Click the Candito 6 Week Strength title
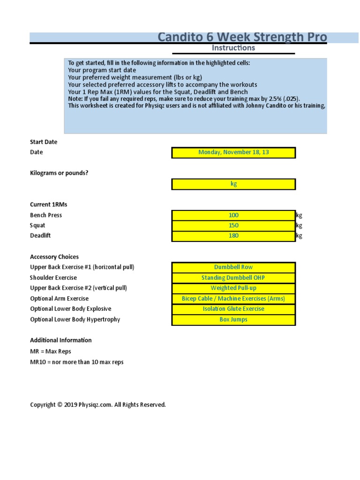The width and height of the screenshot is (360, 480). (x=242, y=37)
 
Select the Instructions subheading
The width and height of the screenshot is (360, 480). (x=233, y=48)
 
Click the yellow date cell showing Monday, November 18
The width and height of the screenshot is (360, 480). (x=233, y=152)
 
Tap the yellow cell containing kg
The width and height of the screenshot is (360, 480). (x=233, y=184)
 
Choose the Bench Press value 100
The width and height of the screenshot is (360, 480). (x=233, y=215)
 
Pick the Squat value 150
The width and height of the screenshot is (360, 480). (x=233, y=225)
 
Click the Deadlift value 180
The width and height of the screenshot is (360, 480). (x=233, y=236)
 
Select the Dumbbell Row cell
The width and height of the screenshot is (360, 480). (x=233, y=267)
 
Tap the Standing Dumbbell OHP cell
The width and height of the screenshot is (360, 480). (x=233, y=278)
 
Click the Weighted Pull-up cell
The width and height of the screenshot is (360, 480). (x=233, y=288)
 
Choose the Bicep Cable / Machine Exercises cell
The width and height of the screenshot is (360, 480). (x=233, y=299)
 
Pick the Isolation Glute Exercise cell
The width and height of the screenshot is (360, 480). (x=233, y=309)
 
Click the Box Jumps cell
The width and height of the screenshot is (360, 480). (x=233, y=320)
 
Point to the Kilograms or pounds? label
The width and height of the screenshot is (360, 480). (x=59, y=173)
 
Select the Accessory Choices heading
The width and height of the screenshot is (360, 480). (x=54, y=257)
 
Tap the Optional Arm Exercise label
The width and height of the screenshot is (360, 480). (x=59, y=299)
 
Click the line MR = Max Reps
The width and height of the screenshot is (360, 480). (x=51, y=351)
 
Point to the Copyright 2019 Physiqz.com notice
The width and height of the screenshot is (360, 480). (x=98, y=405)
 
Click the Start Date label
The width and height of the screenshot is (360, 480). (x=44, y=142)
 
